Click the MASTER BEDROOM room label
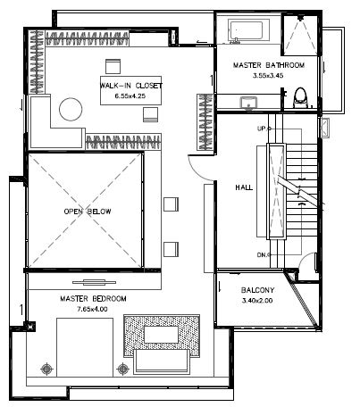point(93,298)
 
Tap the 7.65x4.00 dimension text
point(92,309)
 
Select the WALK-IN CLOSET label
point(131,86)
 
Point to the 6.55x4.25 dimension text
point(130,96)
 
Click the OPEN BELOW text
point(88,212)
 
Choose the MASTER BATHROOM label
point(269,65)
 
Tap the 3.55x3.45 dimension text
point(268,76)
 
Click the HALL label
point(244,187)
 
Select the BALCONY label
point(257,290)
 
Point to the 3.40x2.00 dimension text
point(257,301)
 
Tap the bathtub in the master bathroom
point(249,29)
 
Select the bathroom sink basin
point(248,103)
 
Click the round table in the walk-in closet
point(71,110)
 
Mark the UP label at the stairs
point(263,129)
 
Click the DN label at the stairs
point(263,255)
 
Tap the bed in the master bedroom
point(85,347)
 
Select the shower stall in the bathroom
point(300,35)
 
